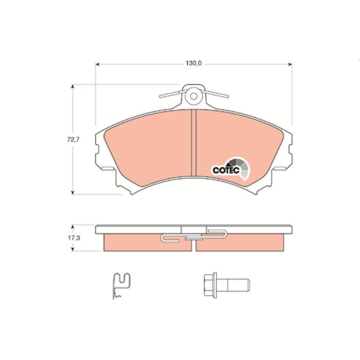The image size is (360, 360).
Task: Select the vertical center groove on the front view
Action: coord(194,144)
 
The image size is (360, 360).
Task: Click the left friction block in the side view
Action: coord(144,243)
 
